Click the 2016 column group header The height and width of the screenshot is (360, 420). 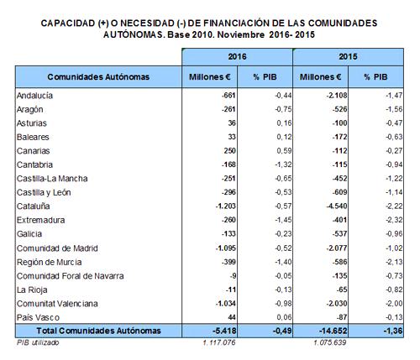click(x=237, y=57)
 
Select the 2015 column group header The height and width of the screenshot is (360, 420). click(x=348, y=57)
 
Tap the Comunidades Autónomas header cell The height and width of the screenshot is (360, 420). click(x=98, y=77)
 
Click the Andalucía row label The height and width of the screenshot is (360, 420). click(x=34, y=96)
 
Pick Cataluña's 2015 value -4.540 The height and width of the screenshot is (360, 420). click(x=337, y=206)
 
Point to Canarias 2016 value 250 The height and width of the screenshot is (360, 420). click(x=230, y=151)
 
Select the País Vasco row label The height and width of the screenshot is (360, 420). click(x=38, y=317)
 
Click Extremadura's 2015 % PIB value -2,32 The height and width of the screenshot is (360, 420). click(x=394, y=220)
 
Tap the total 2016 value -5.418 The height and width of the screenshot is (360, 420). click(x=224, y=331)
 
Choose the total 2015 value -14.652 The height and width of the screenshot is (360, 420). click(x=333, y=331)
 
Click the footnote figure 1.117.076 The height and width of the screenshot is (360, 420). click(x=219, y=342)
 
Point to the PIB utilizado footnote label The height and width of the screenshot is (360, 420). click(x=38, y=342)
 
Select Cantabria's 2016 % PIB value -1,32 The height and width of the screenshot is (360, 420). click(x=283, y=164)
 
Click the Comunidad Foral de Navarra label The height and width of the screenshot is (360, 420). click(x=70, y=276)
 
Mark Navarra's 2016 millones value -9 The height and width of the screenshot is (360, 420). click(x=233, y=276)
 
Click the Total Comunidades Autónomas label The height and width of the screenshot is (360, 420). click(x=98, y=331)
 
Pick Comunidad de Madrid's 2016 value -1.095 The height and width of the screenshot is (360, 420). click(x=226, y=248)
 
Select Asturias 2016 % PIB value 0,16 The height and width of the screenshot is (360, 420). click(x=284, y=123)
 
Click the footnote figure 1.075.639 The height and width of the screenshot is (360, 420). click(x=330, y=342)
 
